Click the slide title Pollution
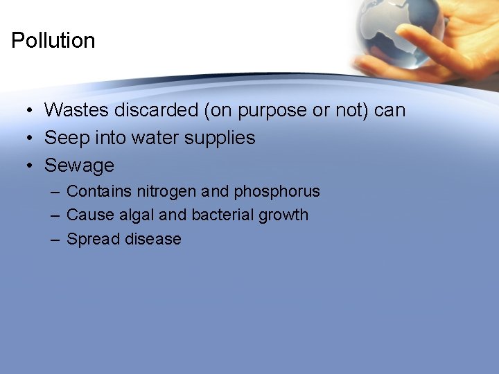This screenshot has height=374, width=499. pyautogui.click(x=53, y=41)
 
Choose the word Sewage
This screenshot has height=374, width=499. pyautogui.click(x=79, y=166)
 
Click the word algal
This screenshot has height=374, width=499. pyautogui.click(x=137, y=215)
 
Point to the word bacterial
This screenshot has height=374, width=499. pyautogui.click(x=222, y=215)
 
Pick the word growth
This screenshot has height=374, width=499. pyautogui.click(x=283, y=215)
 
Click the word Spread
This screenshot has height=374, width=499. pyautogui.click(x=92, y=240)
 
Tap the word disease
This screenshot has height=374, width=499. pyautogui.click(x=152, y=239)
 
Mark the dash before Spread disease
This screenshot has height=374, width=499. pyautogui.click(x=53, y=239)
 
